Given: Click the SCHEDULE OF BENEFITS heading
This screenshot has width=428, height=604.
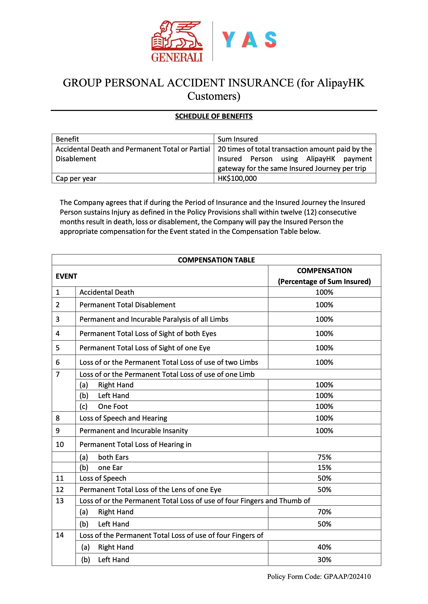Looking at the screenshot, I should [x=214, y=116].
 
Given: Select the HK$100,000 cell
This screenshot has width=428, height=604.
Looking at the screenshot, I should [x=237, y=178].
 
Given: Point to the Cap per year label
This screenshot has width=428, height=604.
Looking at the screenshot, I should [x=76, y=178].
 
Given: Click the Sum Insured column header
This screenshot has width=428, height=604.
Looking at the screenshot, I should [x=238, y=139].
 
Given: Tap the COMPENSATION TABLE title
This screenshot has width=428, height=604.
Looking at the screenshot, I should [x=216, y=260].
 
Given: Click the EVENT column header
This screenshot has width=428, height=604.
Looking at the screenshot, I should [x=66, y=276].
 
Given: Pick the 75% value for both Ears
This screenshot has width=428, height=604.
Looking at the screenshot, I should [x=324, y=457].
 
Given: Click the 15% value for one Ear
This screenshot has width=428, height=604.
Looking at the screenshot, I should [x=324, y=467].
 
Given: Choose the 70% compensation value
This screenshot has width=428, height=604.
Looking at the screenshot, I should [x=324, y=512].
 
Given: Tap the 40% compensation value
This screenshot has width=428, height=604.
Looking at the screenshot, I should [x=324, y=547].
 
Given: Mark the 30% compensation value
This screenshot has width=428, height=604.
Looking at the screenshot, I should [x=324, y=560].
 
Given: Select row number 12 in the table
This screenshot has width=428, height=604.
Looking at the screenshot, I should [x=60, y=489].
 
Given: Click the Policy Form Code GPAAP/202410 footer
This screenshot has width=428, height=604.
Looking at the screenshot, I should [x=319, y=576].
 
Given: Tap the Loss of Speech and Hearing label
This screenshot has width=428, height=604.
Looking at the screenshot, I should [x=123, y=418].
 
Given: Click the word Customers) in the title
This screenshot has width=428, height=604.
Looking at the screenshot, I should [x=214, y=96].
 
